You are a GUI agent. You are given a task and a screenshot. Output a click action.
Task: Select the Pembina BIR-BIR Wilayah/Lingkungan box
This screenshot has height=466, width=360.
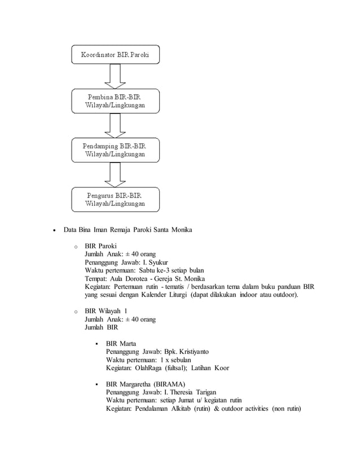(x=116, y=101)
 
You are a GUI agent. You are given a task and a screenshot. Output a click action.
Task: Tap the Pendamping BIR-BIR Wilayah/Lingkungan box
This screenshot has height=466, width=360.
(x=116, y=150)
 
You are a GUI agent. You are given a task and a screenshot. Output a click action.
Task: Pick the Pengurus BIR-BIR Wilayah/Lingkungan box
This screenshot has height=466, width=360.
(x=116, y=199)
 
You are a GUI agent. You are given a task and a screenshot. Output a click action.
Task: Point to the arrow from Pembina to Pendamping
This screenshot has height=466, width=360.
(x=116, y=125)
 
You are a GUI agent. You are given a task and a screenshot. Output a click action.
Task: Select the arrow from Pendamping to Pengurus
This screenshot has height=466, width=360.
(x=116, y=174)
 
